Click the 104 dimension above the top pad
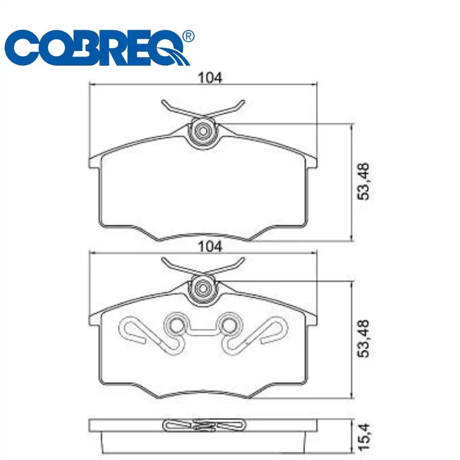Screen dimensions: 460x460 (x=210, y=78)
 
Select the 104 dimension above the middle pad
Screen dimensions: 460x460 (x=210, y=247)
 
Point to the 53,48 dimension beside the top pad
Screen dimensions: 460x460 (x=363, y=182)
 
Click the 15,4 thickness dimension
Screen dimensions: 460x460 (x=364, y=437)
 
